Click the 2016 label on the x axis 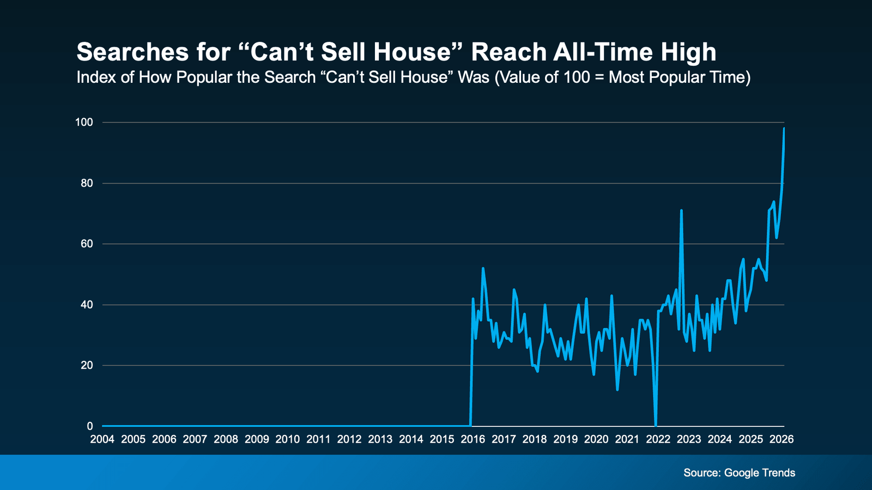(473, 439)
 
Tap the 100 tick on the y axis (84, 122)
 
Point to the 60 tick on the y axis (87, 244)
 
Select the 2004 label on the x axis (102, 439)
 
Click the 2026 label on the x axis (782, 439)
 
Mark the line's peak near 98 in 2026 (784, 128)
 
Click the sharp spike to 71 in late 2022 (681, 210)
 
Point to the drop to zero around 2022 (655, 425)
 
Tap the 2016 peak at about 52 (483, 268)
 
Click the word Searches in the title (126, 52)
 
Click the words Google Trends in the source (759, 473)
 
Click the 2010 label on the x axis (288, 439)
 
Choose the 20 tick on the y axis (87, 365)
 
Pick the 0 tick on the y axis (90, 426)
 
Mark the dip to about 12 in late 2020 (617, 389)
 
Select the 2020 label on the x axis (596, 439)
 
